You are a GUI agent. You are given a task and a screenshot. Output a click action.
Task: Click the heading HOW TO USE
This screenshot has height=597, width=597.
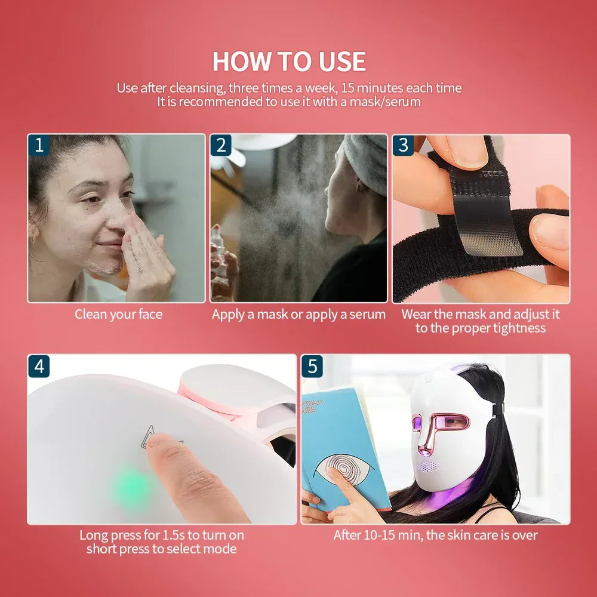pyautogui.click(x=290, y=61)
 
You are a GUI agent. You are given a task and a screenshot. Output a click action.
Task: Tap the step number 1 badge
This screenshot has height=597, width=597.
pyautogui.click(x=39, y=145)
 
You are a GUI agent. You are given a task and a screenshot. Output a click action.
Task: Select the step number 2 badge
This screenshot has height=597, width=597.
pyautogui.click(x=221, y=145)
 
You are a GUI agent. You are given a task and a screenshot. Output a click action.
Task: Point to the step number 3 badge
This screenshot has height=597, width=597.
pyautogui.click(x=404, y=145)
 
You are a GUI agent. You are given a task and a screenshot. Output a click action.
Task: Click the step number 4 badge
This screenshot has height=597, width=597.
pyautogui.click(x=39, y=366)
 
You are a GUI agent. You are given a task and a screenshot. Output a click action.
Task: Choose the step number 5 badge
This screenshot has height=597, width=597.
pyautogui.click(x=312, y=366)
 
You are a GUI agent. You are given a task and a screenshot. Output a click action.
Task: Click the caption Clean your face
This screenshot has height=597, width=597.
pyautogui.click(x=118, y=315)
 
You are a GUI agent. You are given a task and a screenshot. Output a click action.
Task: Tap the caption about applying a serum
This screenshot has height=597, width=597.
pyautogui.click(x=298, y=315)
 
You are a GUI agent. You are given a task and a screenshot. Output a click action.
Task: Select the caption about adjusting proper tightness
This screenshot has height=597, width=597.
pyautogui.click(x=481, y=321)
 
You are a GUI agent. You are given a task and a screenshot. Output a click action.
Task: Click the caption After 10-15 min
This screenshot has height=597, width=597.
pyautogui.click(x=435, y=535)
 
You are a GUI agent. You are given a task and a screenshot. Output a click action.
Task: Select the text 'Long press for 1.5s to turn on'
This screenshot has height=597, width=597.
pyautogui.click(x=161, y=535)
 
